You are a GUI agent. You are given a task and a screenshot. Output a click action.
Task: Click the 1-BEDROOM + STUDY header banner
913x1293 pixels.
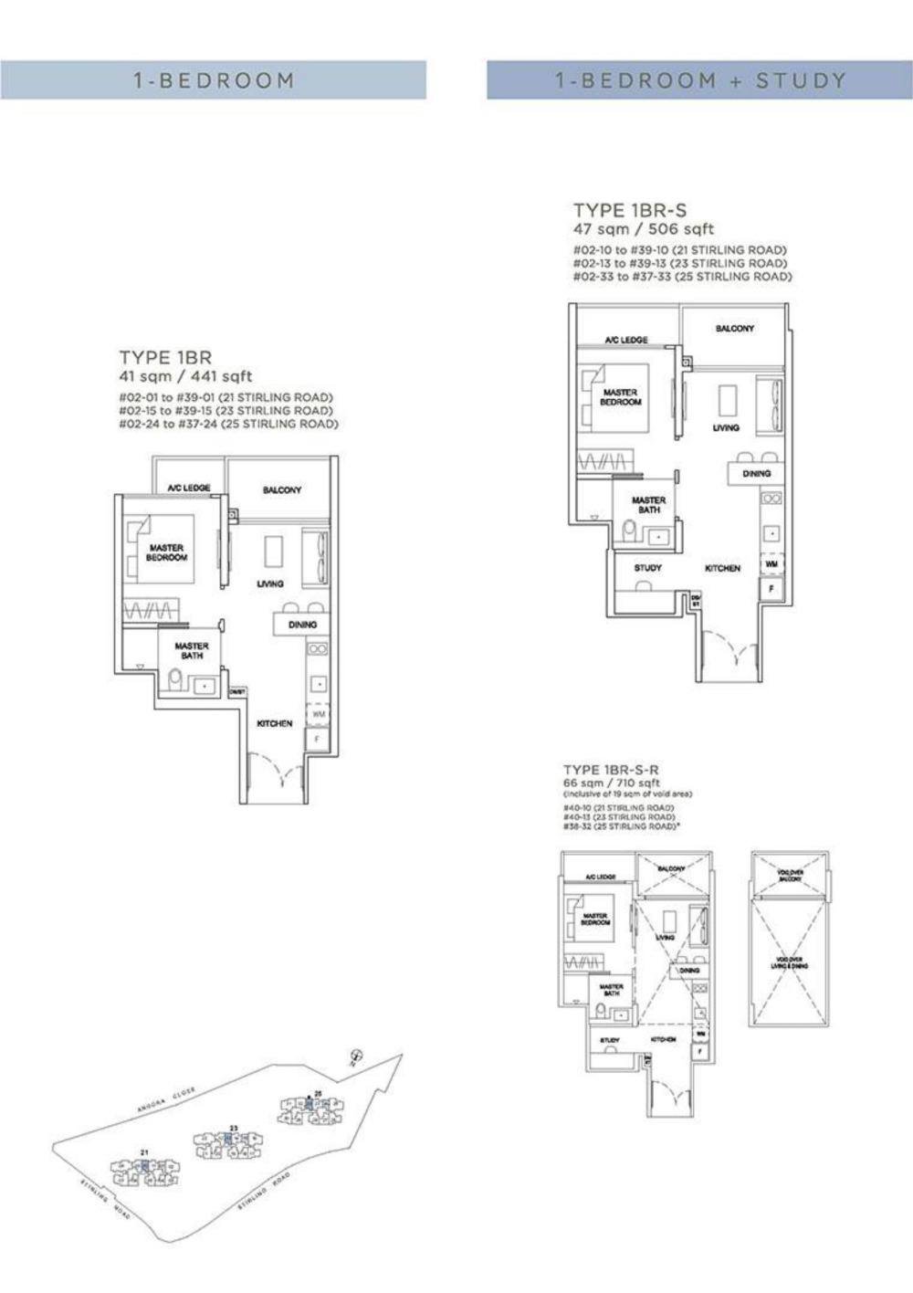point(699,80)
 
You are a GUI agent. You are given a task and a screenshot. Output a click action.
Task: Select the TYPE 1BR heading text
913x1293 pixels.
point(165,357)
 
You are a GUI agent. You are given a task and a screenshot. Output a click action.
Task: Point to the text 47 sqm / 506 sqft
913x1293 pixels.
point(643,229)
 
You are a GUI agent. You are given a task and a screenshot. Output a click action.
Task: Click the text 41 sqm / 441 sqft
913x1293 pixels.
point(185,376)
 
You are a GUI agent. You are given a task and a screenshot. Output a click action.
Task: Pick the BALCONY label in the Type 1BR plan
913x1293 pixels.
point(282,490)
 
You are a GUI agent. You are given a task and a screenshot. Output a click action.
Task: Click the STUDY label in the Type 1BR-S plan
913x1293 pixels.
point(647,568)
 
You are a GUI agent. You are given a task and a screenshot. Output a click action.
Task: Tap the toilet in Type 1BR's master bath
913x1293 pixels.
point(174,679)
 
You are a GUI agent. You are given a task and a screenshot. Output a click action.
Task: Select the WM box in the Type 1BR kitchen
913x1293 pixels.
point(318,714)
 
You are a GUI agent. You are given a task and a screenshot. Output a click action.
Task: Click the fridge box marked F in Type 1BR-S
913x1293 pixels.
point(771,589)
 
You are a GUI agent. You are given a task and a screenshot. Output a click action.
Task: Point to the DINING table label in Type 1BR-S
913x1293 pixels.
point(756,473)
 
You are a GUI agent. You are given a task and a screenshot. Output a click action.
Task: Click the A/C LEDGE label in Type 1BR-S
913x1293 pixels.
point(626,340)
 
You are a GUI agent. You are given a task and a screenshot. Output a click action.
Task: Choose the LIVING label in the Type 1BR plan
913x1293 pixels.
point(270,583)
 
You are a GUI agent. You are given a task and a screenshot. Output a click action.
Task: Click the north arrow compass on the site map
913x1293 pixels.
point(354,1056)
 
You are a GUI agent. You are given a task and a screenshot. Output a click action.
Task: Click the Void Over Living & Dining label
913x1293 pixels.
point(790,962)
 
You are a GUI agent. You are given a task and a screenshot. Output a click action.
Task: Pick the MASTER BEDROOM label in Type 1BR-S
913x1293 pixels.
point(621,397)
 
